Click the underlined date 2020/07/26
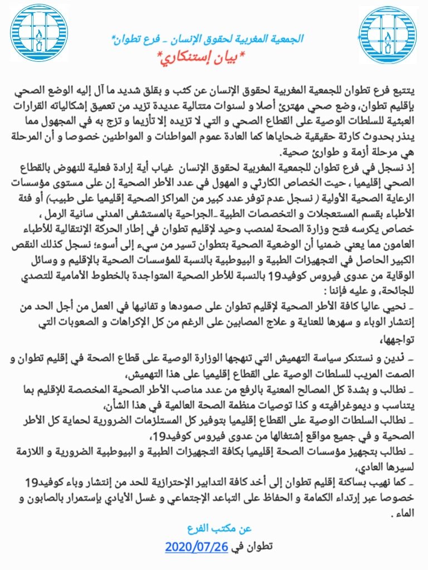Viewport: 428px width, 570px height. click(197, 547)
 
